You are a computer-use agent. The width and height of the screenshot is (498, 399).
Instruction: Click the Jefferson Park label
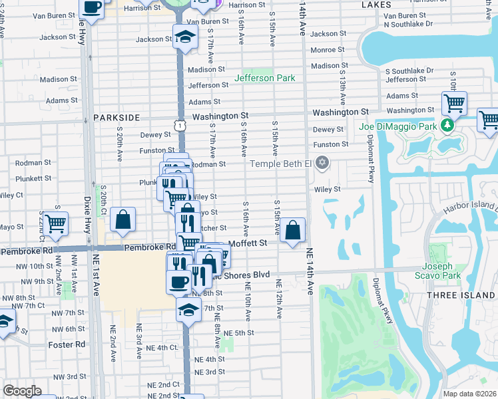tap(264, 78)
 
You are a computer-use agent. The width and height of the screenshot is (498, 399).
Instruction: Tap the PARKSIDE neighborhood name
tap(117, 117)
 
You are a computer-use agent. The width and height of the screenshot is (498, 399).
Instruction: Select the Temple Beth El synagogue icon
tap(322, 163)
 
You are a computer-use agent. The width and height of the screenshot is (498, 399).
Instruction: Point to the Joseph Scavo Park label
tap(443, 270)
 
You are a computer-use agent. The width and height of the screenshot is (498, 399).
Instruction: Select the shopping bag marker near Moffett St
tap(292, 231)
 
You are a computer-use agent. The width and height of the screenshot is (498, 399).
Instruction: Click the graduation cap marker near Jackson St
tap(186, 37)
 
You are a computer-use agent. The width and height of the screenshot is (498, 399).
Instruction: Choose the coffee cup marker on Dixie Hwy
tap(92, 8)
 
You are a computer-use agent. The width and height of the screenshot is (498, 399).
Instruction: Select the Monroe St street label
tap(327, 50)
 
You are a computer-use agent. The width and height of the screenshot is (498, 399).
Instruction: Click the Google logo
tap(22, 391)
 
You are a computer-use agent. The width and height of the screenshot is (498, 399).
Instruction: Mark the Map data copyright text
tap(470, 393)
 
